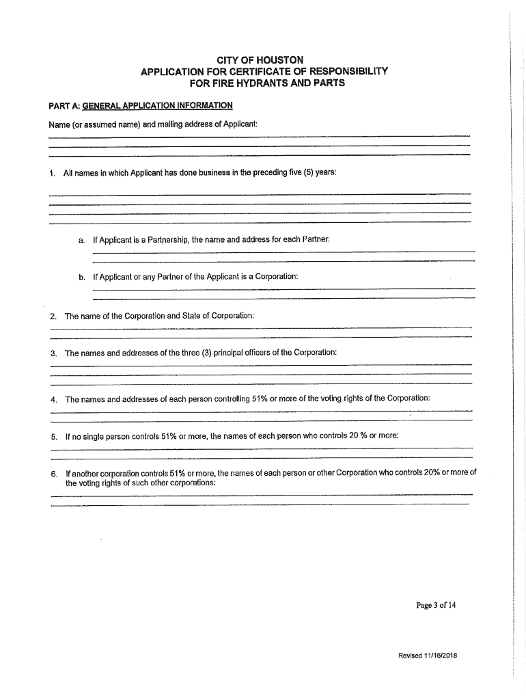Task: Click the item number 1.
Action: point(52,174)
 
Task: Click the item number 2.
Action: point(53,317)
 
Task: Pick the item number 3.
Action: point(53,353)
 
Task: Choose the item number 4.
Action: point(53,399)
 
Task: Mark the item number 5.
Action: point(53,435)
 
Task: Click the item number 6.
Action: point(53,473)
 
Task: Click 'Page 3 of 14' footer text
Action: point(436,605)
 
